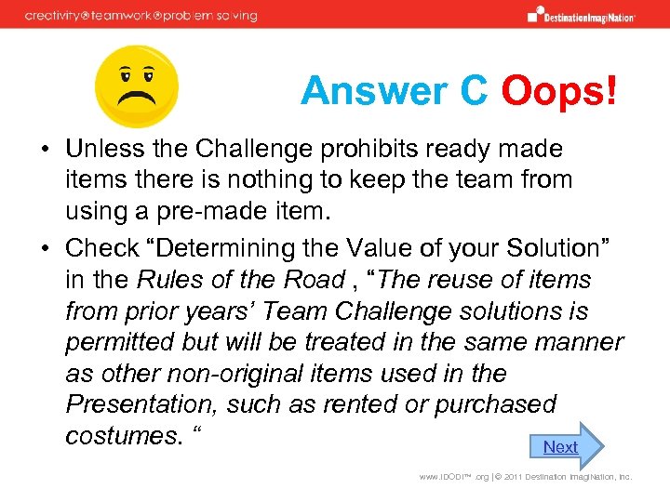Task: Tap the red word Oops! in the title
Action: (558, 91)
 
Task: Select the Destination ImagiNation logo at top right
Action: (581, 15)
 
